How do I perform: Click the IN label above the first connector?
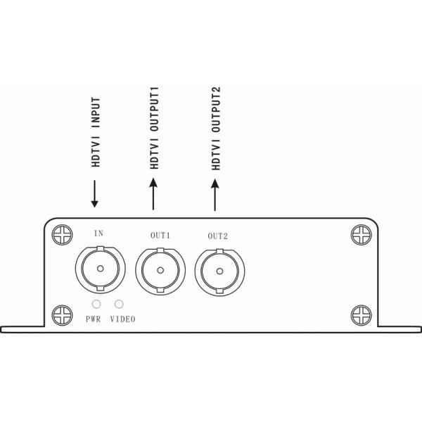pyautogui.click(x=98, y=233)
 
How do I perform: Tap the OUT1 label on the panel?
pyautogui.click(x=160, y=236)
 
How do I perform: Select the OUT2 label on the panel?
pyautogui.click(x=218, y=236)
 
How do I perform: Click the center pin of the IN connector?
pyautogui.click(x=101, y=269)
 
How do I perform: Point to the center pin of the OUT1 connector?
pyautogui.click(x=160, y=270)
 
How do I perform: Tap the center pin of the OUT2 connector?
pyautogui.click(x=219, y=271)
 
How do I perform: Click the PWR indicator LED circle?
pyautogui.click(x=96, y=304)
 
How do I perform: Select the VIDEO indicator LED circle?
pyautogui.click(x=119, y=304)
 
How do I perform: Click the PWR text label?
pyautogui.click(x=93, y=319)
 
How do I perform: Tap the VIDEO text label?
pyautogui.click(x=122, y=319)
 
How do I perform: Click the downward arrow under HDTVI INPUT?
pyautogui.click(x=94, y=194)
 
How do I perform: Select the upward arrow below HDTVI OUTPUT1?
pyautogui.click(x=153, y=194)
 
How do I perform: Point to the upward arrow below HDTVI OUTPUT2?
pyautogui.click(x=215, y=195)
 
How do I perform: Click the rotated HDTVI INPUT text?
pyautogui.click(x=96, y=132)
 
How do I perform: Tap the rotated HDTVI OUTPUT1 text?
pyautogui.click(x=155, y=128)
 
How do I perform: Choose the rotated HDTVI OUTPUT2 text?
pyautogui.click(x=216, y=129)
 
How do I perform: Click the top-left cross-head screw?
pyautogui.click(x=62, y=235)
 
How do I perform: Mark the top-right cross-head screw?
pyautogui.click(x=362, y=235)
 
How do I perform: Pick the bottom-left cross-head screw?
pyautogui.click(x=62, y=315)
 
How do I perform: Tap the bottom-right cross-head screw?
pyautogui.click(x=362, y=315)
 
